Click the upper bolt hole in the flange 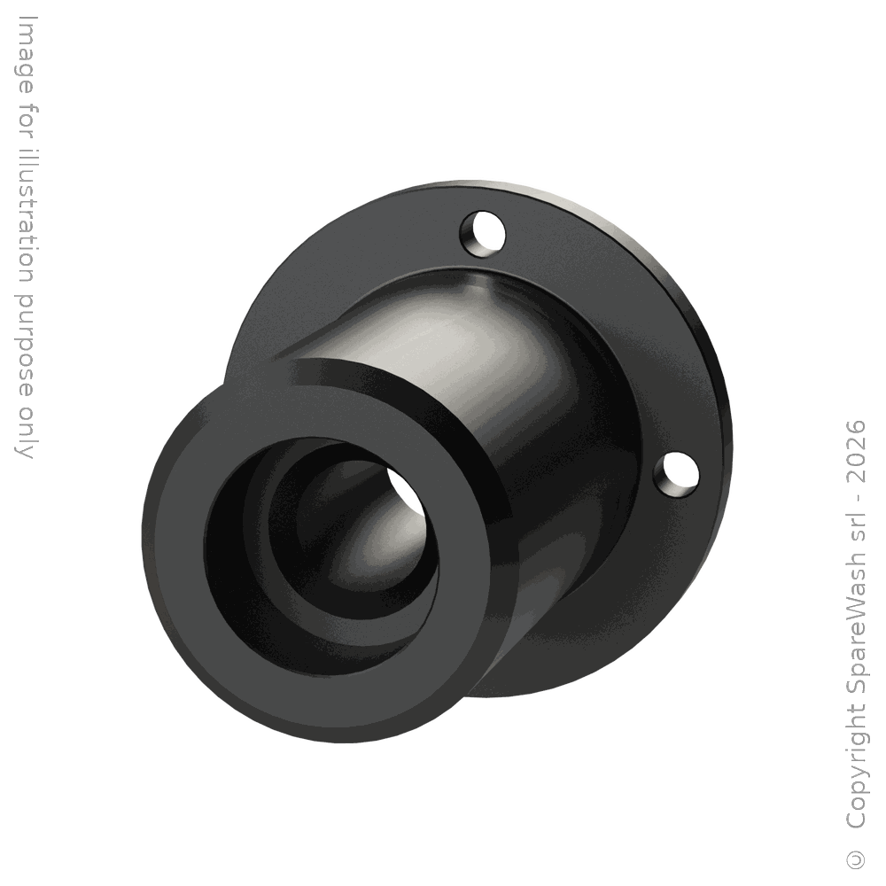482,233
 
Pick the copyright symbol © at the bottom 856,859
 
